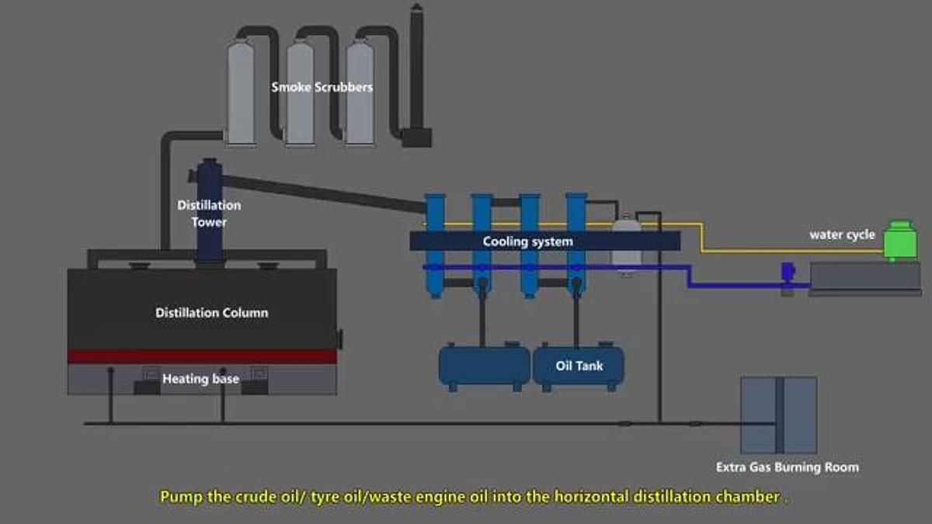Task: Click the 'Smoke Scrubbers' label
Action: pos(322,87)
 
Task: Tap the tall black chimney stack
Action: pos(417,70)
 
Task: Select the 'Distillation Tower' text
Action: pos(209,213)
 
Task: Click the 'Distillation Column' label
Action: pos(211,313)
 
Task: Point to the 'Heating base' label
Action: pos(200,379)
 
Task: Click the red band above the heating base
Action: pos(202,356)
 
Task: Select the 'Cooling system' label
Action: pos(527,241)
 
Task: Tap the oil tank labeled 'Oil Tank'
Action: pos(579,366)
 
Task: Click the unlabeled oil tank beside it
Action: pos(484,366)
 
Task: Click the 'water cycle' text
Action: pos(842,234)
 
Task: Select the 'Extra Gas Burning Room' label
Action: pos(788,467)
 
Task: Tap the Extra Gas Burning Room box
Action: pos(778,415)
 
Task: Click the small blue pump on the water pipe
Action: pos(787,272)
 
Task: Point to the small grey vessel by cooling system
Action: pos(626,245)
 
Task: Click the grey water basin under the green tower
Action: pos(864,278)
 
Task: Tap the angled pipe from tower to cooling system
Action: pos(326,193)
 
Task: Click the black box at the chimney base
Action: pos(416,137)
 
